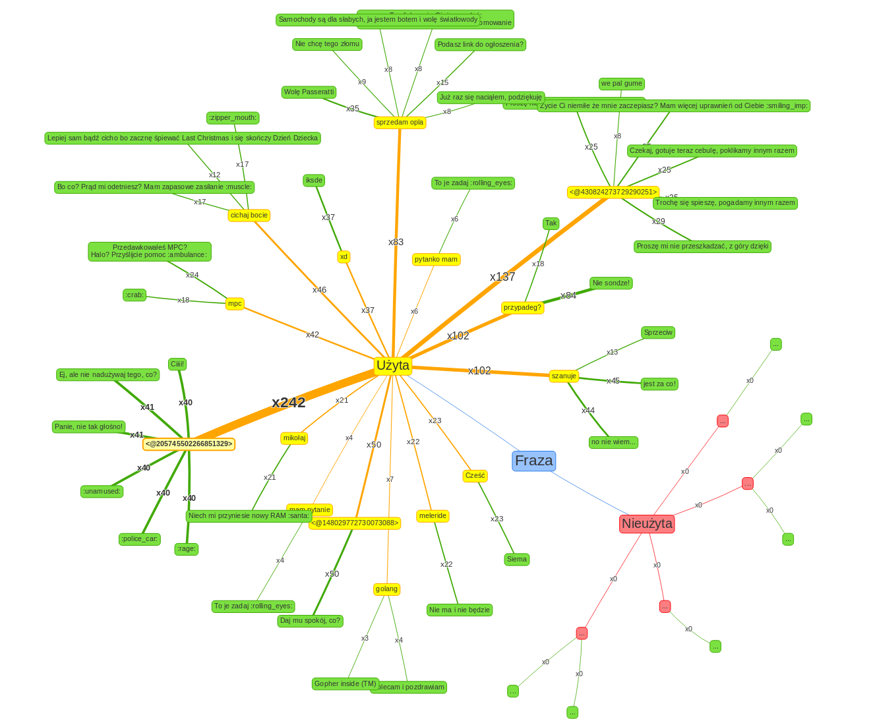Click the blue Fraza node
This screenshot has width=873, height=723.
click(533, 461)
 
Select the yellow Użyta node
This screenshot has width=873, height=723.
click(393, 366)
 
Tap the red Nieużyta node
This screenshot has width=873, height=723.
click(647, 524)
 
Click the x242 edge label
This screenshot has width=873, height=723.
click(289, 403)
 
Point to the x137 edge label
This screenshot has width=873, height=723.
click(502, 277)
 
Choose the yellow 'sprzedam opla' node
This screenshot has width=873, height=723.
click(400, 123)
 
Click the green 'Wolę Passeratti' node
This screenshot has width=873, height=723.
click(309, 92)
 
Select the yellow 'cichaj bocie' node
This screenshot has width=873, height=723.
click(249, 216)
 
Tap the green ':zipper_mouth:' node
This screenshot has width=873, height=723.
click(233, 118)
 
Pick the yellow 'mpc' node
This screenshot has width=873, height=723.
click(235, 304)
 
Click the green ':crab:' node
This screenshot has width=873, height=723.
click(135, 295)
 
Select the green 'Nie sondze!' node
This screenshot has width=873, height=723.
click(611, 283)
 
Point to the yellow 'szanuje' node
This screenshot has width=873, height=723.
click(564, 376)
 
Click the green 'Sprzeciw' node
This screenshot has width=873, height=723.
click(658, 333)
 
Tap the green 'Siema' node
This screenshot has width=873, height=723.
click(517, 560)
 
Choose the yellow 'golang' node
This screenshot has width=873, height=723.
click(386, 589)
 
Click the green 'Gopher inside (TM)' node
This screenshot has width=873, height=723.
click(346, 684)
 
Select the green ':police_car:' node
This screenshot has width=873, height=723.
click(140, 539)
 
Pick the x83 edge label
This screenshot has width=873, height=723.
click(396, 242)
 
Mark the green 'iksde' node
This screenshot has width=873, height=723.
click(314, 181)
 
